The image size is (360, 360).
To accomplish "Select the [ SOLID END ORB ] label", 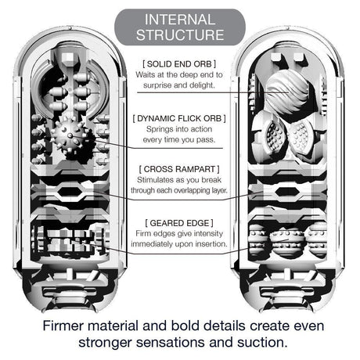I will [x=180, y=62].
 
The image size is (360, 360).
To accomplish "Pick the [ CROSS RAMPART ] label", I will [x=180, y=168].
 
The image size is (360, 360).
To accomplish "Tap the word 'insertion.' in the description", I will [x=207, y=244].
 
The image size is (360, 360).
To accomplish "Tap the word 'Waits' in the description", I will [x=149, y=75].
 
